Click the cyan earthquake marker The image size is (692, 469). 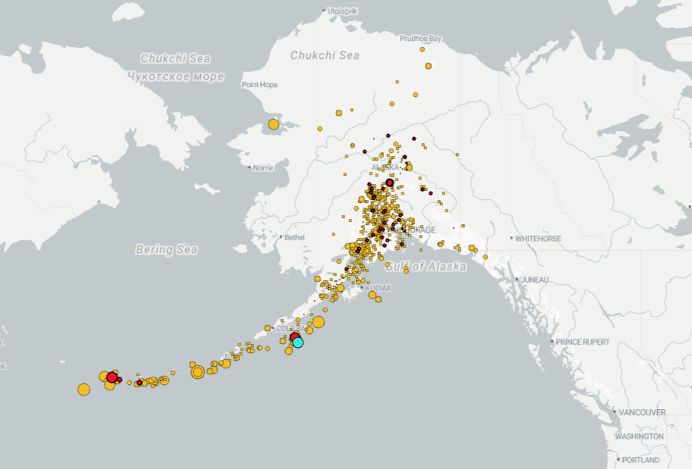(298, 342)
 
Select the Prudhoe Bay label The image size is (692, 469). (420, 38)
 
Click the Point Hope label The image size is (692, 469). (259, 85)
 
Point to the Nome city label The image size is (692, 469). (263, 167)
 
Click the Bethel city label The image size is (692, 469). (294, 237)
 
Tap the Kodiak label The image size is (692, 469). (379, 289)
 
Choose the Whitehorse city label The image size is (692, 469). (538, 239)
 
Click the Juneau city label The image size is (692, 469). (534, 280)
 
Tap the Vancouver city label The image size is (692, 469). (642, 412)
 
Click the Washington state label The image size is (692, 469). (639, 436)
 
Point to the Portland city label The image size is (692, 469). (640, 460)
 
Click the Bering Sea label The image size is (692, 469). (167, 249)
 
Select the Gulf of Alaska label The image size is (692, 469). (426, 267)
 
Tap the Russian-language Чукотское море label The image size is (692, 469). (176, 77)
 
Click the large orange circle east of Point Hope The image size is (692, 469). (274, 124)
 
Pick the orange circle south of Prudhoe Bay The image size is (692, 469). (429, 66)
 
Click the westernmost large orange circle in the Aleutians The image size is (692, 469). (83, 389)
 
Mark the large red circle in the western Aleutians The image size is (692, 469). (112, 377)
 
